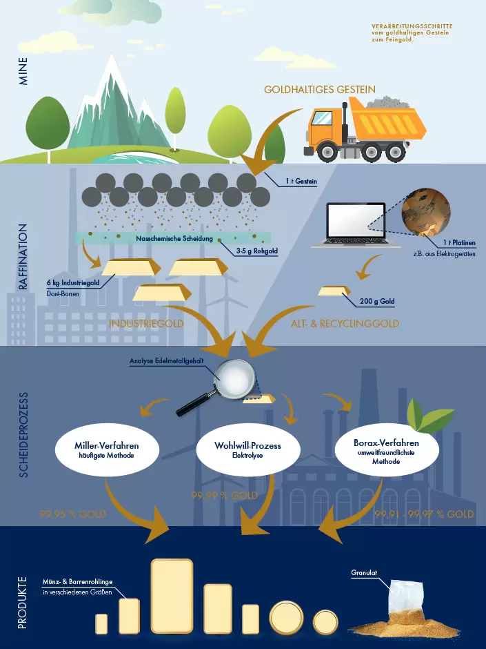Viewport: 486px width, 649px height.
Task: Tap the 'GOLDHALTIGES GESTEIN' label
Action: (x=320, y=90)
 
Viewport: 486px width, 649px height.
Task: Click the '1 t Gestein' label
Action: (x=301, y=182)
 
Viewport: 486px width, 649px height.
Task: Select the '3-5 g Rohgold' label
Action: (x=256, y=251)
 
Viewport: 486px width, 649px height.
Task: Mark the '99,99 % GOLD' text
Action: (x=224, y=496)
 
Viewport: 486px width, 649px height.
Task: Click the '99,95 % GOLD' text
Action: (x=72, y=514)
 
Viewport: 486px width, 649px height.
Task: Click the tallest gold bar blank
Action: (x=172, y=597)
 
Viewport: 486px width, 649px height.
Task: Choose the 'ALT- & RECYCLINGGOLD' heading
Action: (x=345, y=323)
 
